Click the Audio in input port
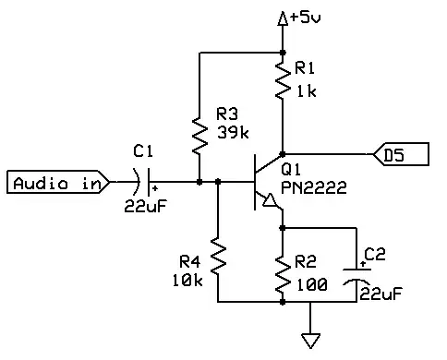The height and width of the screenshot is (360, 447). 56,183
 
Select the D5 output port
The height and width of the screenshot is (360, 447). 400,154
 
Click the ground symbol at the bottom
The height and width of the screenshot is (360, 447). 311,339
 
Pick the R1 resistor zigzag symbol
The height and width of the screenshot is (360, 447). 283,81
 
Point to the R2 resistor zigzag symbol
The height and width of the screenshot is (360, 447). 283,266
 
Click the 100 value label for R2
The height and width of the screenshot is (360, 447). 311,285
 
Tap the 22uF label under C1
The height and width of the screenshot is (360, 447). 144,207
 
